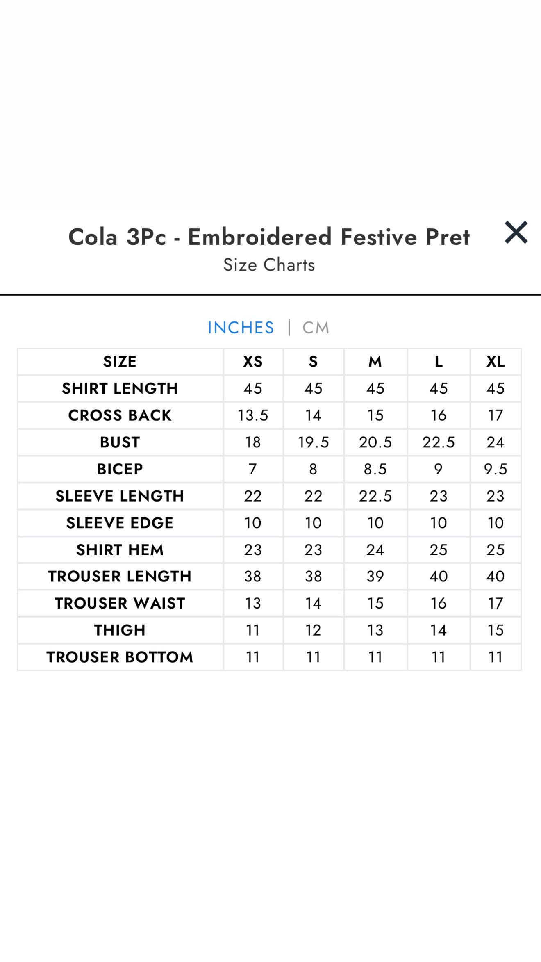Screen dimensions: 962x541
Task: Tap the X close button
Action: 516,233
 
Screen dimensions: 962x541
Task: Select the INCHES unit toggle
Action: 241,328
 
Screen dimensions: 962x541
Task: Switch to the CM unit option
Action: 316,328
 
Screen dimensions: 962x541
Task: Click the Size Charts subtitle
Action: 269,265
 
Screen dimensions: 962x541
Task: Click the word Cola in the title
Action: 93,237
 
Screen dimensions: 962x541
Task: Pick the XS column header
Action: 253,362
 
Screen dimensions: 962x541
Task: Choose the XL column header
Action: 496,362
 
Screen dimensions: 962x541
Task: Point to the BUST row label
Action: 120,442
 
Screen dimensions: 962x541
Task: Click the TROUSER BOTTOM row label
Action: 120,657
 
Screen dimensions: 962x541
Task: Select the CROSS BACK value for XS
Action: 253,415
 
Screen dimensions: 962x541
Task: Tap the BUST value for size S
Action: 313,442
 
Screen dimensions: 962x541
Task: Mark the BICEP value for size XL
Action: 496,469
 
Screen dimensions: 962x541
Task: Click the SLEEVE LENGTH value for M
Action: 375,496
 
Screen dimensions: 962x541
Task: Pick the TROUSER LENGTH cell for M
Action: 375,577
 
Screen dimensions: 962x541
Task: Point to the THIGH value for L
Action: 438,630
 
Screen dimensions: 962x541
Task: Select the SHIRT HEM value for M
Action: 375,550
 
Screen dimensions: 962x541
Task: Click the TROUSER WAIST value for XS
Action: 253,603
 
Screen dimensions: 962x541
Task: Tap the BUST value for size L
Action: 438,442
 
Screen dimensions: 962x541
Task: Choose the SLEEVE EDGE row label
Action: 120,523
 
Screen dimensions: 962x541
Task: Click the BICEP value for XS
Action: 253,469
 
